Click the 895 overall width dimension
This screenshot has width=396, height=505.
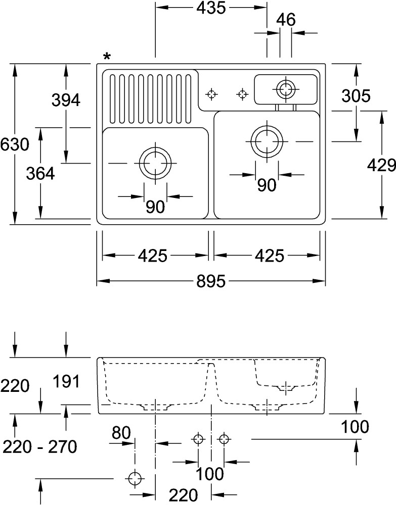click(x=210, y=281)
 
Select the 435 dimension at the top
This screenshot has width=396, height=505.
click(x=211, y=8)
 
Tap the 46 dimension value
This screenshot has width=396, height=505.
click(x=285, y=20)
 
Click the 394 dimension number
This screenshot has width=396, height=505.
click(x=66, y=100)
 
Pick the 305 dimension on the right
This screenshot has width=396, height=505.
click(x=356, y=95)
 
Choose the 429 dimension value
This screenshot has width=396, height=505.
click(x=381, y=165)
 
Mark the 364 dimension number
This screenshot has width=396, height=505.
click(x=40, y=173)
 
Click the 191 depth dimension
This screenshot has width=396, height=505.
click(x=66, y=381)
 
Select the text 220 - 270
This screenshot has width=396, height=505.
click(x=40, y=446)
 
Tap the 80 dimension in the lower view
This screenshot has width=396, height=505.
click(x=121, y=433)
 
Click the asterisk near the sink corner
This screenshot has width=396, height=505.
click(x=107, y=57)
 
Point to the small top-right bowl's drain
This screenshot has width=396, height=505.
click(x=286, y=89)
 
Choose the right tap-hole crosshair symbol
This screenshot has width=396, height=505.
click(x=243, y=94)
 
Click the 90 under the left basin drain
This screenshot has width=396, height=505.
click(x=155, y=207)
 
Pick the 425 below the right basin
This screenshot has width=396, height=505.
click(x=269, y=256)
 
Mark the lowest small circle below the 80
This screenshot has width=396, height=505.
click(x=135, y=478)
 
